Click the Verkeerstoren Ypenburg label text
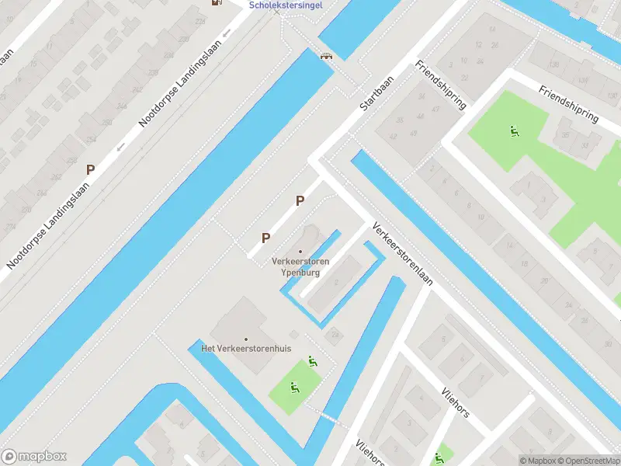pyautogui.click(x=300, y=267)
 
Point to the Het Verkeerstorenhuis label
pyautogui.click(x=246, y=349)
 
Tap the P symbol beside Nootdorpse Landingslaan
pyautogui.click(x=91, y=169)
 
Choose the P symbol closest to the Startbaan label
pyautogui.click(x=300, y=201)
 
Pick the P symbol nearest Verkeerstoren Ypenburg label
pyautogui.click(x=265, y=238)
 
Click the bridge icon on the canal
pyautogui.click(x=327, y=54)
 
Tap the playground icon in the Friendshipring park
pyautogui.click(x=513, y=130)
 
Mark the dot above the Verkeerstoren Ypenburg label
pyautogui.click(x=300, y=251)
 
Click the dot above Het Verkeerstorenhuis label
pyautogui.click(x=246, y=339)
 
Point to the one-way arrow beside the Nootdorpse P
pyautogui.click(x=120, y=146)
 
